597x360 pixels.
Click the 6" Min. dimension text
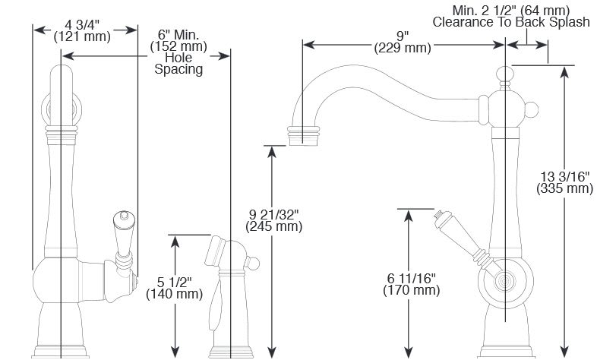coord(178,34)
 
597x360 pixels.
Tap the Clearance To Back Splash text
coord(510,22)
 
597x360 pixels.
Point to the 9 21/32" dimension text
coord(273,213)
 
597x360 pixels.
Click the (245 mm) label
coord(273,226)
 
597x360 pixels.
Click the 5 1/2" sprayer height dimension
coord(176,281)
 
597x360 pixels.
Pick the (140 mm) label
coord(176,294)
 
